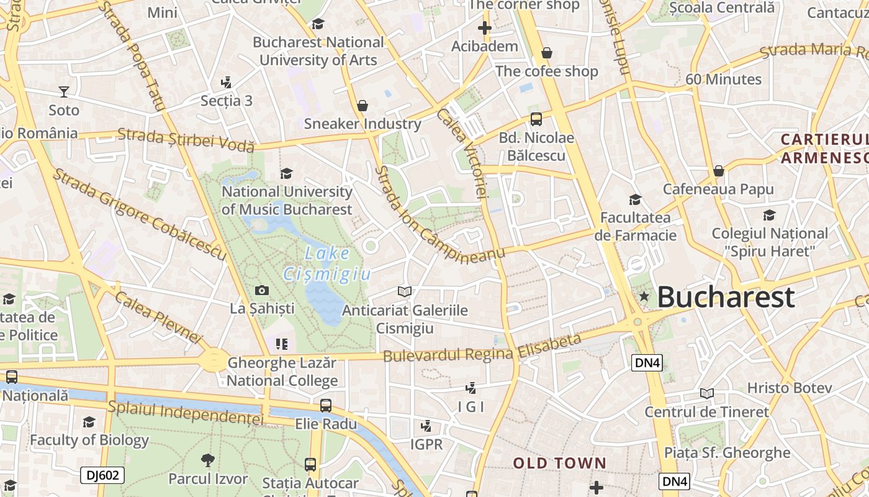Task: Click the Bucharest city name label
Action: pyautogui.click(x=726, y=297)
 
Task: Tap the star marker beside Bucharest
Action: pyautogui.click(x=644, y=297)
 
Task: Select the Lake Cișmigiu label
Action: pyautogui.click(x=327, y=263)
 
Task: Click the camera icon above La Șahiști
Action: pyautogui.click(x=262, y=290)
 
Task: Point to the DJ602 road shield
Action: pyautogui.click(x=102, y=476)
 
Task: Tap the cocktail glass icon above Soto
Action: pyautogui.click(x=64, y=92)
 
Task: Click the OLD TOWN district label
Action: pyautogui.click(x=559, y=463)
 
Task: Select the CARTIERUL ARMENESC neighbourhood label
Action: pyautogui.click(x=824, y=148)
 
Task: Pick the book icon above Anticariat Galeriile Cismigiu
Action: pyautogui.click(x=404, y=291)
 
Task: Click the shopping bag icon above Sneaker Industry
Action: pyautogui.click(x=362, y=106)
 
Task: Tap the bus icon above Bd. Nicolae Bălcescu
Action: pyautogui.click(x=536, y=119)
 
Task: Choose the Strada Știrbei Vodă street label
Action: pyautogui.click(x=186, y=139)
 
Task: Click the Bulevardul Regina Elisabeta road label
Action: pyautogui.click(x=482, y=349)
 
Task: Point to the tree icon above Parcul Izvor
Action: pyautogui.click(x=208, y=460)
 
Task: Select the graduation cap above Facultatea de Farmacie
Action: pyautogui.click(x=635, y=199)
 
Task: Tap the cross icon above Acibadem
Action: pyautogui.click(x=485, y=28)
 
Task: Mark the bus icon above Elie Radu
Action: pyautogui.click(x=326, y=406)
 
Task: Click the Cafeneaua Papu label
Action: pyautogui.click(x=718, y=189)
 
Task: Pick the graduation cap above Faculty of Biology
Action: pyautogui.click(x=89, y=422)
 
